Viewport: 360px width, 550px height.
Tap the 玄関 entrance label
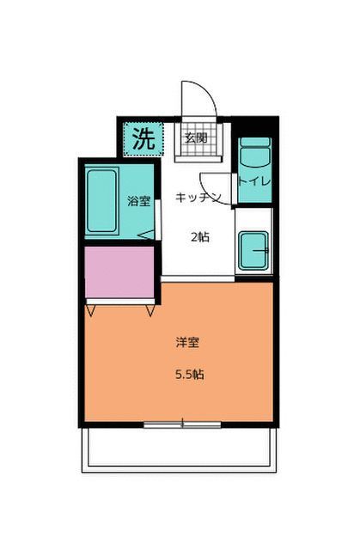(x=196, y=138)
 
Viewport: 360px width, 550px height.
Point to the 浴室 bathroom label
(x=139, y=202)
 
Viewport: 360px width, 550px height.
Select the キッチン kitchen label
(x=198, y=198)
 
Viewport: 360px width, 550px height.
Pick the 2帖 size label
(x=198, y=237)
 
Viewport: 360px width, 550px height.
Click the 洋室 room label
(x=187, y=343)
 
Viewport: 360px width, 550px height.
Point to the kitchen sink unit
(x=253, y=251)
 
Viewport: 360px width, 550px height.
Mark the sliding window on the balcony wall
(x=182, y=424)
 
